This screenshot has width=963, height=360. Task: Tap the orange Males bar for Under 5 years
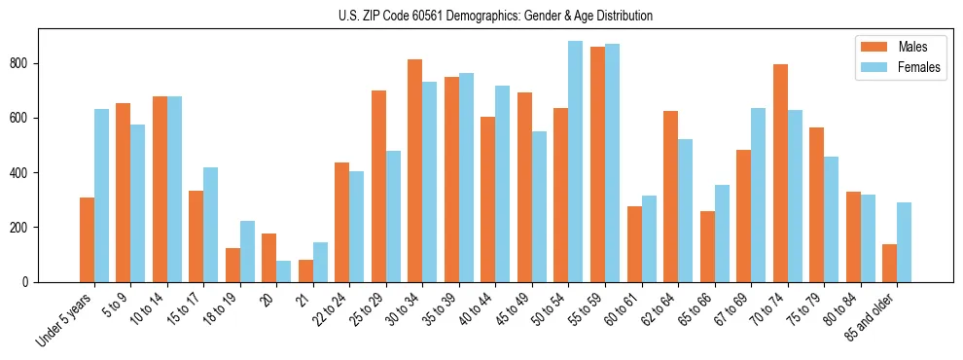pyautogui.click(x=87, y=239)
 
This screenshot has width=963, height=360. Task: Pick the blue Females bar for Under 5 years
pyautogui.click(x=101, y=195)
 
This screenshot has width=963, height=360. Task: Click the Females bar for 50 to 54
pyautogui.click(x=576, y=162)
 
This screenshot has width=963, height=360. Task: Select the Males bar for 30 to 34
pyautogui.click(x=415, y=170)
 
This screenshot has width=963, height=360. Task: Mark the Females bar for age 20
pyautogui.click(x=284, y=271)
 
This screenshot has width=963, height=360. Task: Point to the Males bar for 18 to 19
pyautogui.click(x=232, y=265)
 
